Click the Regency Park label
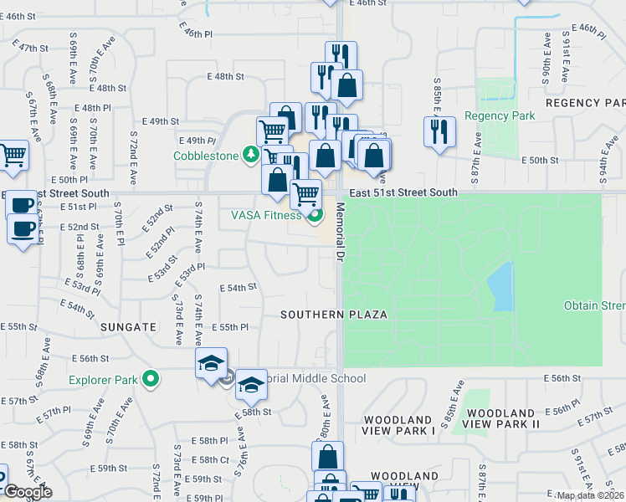point(500,116)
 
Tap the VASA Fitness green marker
point(315,216)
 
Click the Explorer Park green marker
point(151,380)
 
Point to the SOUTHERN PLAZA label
point(334,315)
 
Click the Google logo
point(28,492)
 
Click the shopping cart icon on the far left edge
point(13,155)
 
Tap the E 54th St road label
point(238,287)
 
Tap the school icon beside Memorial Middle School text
point(249,384)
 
